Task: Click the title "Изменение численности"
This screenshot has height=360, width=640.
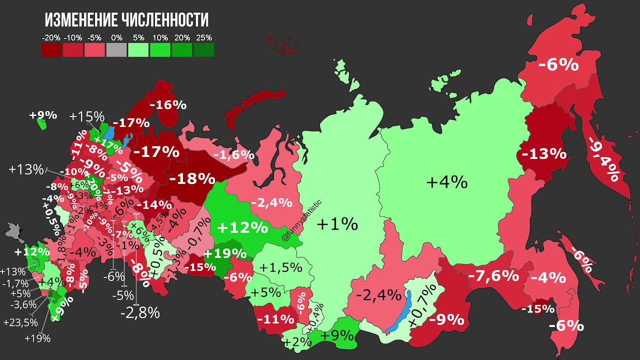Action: click(x=126, y=20)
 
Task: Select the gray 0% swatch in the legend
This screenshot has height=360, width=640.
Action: click(x=116, y=49)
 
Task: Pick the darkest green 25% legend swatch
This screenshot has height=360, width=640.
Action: click(x=204, y=49)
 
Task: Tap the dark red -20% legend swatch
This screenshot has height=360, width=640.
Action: click(x=51, y=49)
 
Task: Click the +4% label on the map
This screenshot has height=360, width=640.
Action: click(x=446, y=182)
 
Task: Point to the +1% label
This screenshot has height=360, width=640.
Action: click(x=337, y=224)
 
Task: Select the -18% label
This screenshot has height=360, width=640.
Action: click(x=192, y=178)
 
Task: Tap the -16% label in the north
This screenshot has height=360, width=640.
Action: click(x=168, y=105)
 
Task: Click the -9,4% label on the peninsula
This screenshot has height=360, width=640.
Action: click(x=604, y=157)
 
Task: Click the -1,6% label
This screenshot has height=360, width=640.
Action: click(x=234, y=155)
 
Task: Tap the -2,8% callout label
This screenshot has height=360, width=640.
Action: click(x=140, y=313)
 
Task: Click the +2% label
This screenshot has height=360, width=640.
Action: click(x=294, y=342)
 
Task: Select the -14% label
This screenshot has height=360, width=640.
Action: click(x=153, y=204)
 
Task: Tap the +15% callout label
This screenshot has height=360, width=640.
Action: click(x=86, y=116)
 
